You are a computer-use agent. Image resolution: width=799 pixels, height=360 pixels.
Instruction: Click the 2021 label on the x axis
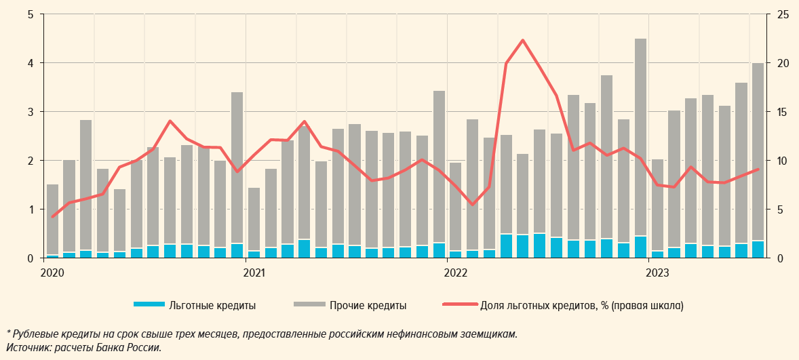(x=253, y=273)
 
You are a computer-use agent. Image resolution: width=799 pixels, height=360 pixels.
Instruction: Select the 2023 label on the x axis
(x=657, y=273)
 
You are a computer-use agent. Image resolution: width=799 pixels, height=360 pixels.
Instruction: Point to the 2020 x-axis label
(x=52, y=273)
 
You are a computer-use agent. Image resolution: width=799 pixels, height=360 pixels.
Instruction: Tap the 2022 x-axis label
(x=455, y=273)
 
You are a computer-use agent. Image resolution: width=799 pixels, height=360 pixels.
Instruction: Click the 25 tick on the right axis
(x=783, y=14)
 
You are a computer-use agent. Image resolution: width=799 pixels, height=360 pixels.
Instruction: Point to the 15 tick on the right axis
(x=783, y=112)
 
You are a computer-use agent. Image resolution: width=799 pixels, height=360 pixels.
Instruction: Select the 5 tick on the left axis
(x=31, y=14)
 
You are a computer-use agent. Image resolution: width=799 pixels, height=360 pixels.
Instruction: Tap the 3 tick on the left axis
(x=31, y=112)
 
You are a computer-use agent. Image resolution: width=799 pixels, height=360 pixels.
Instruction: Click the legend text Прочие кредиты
(x=368, y=306)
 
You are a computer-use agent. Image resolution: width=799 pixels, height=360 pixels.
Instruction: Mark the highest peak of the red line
(x=522, y=40)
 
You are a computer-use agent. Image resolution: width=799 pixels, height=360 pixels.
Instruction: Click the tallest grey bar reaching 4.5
(x=640, y=136)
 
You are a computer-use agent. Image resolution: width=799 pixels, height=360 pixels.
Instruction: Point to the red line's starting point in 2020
(x=52, y=217)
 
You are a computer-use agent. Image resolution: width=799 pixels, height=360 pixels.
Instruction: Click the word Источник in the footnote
(x=26, y=348)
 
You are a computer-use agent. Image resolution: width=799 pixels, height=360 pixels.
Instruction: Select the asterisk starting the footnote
(x=8, y=333)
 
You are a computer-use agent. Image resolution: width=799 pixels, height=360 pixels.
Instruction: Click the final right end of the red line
(x=758, y=169)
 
